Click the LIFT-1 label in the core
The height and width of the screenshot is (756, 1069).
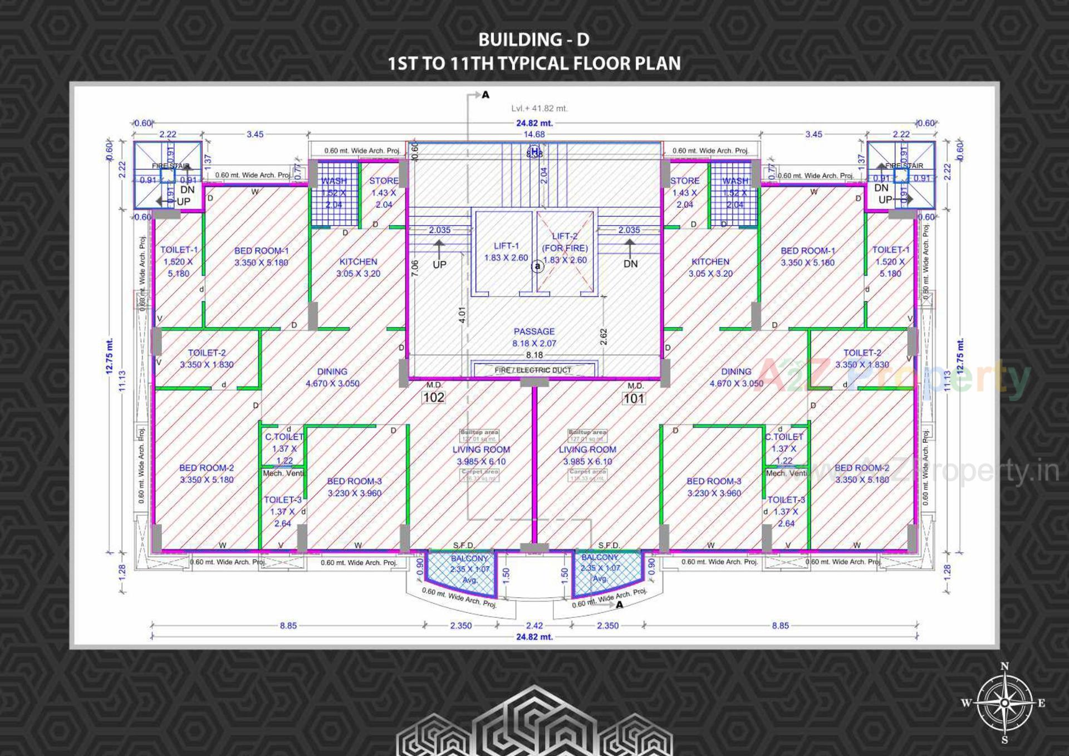506,246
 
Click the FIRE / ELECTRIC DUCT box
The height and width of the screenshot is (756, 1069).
533,370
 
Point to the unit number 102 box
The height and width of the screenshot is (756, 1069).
434,397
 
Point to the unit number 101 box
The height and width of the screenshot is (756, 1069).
634,398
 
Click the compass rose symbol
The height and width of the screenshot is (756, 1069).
1004,703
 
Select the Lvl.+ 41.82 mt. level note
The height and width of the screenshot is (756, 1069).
540,109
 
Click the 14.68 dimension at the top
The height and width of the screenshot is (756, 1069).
534,134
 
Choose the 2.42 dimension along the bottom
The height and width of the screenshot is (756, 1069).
534,626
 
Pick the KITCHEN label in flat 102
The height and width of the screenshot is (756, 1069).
358,261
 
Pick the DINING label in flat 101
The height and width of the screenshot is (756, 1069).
736,372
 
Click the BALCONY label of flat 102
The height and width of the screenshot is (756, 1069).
469,558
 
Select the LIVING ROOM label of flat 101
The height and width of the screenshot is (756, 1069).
587,450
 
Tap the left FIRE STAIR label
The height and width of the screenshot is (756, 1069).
170,166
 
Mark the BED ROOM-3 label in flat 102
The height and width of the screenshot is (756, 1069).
354,481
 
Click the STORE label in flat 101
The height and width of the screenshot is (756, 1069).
684,181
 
